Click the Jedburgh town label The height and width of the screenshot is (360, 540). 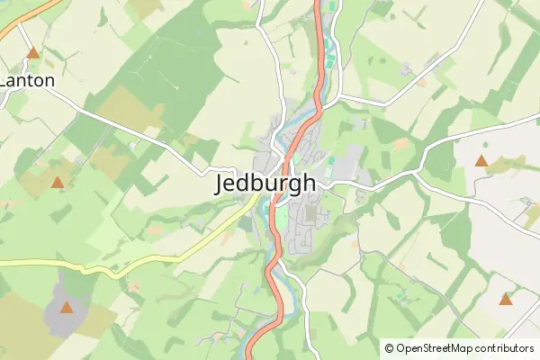pyautogui.click(x=266, y=184)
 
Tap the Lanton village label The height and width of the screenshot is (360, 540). pyautogui.click(x=27, y=80)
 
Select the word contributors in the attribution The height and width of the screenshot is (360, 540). pyautogui.click(x=505, y=348)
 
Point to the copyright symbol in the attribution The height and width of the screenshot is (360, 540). pyautogui.click(x=389, y=348)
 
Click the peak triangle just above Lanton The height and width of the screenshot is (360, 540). pyautogui.click(x=33, y=53)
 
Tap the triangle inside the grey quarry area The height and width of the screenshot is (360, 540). pyautogui.click(x=66, y=308)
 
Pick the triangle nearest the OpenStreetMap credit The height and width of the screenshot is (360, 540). pyautogui.click(x=505, y=299)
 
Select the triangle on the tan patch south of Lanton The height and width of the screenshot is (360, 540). pyautogui.click(x=58, y=183)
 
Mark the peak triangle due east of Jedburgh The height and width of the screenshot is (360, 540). pyautogui.click(x=481, y=162)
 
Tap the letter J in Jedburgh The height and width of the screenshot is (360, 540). pyautogui.click(x=222, y=184)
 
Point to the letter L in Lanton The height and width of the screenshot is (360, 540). pyautogui.click(x=4, y=80)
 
